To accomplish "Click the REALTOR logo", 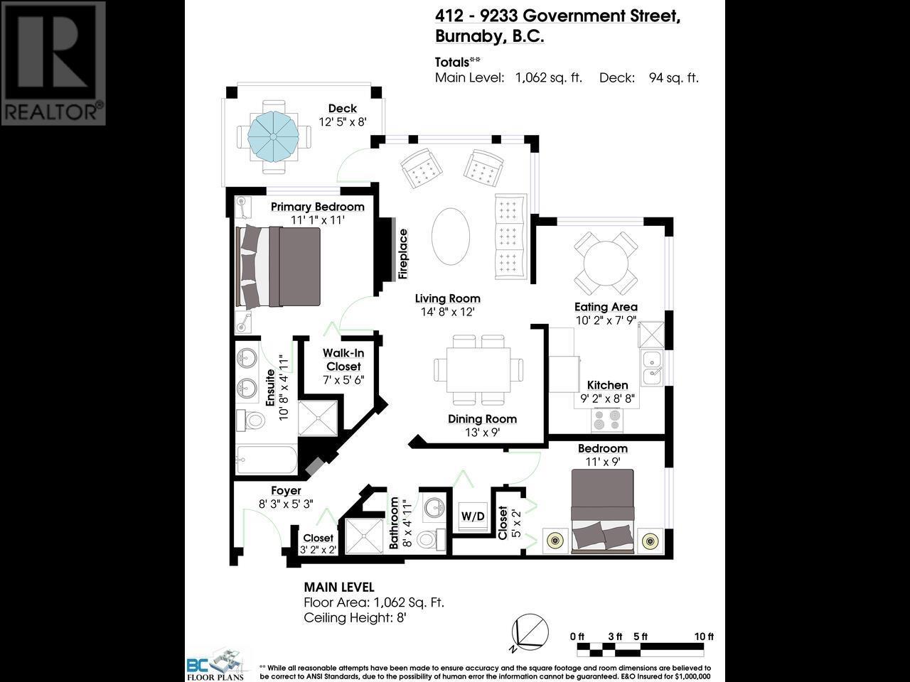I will click(x=53, y=63).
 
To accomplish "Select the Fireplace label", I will click(x=403, y=253).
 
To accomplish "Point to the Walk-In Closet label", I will click(x=343, y=359).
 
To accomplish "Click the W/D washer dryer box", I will click(x=473, y=516).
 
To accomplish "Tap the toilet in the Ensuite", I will click(x=250, y=419).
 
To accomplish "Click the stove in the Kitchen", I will click(x=606, y=420).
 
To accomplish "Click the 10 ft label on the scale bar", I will click(x=704, y=637).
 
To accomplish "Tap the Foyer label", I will click(x=286, y=491).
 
